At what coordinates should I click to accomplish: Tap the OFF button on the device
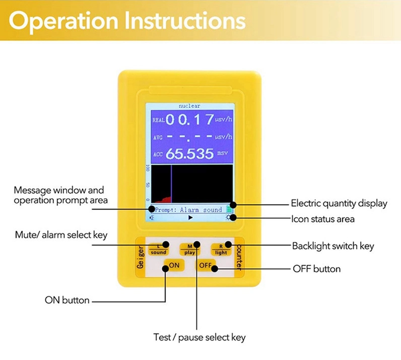point(206,265)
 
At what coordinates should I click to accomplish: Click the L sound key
point(159,250)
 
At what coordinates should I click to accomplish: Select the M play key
point(189,250)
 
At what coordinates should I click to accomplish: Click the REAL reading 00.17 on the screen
point(190,119)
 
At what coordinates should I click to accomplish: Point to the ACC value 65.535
point(189,154)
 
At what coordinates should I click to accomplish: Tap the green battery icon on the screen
point(229,209)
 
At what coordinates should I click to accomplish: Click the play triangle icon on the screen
point(190,218)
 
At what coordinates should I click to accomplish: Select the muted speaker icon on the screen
point(152,218)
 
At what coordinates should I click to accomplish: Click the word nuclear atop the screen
point(189,106)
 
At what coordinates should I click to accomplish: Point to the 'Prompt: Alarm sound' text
point(188,210)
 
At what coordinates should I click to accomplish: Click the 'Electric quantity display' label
point(339,203)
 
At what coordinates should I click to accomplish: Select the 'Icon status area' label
point(323,219)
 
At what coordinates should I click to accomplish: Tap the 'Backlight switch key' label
point(333,246)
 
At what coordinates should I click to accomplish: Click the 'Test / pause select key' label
point(199,337)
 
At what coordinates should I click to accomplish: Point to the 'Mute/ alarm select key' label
point(61,235)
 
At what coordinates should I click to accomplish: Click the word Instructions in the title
point(185,21)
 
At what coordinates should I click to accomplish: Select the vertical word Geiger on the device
point(141,257)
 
